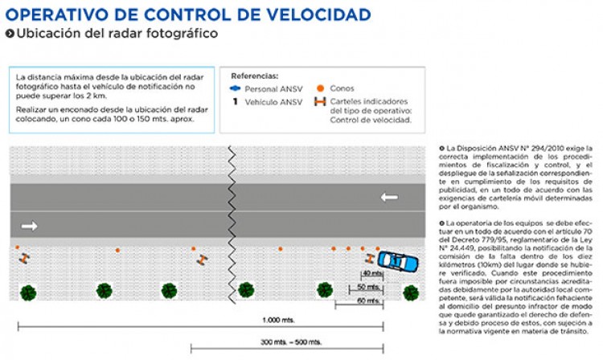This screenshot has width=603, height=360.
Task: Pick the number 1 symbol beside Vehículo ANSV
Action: click(236, 102)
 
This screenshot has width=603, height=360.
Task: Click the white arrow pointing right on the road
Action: click(30, 226)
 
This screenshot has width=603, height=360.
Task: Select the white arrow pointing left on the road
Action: click(389, 197)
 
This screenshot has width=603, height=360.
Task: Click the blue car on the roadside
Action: click(399, 260)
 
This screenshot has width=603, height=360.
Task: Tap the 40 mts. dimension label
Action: click(371, 273)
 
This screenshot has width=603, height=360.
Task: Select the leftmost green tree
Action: click(28, 291)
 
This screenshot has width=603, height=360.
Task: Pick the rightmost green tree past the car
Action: click(411, 291)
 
